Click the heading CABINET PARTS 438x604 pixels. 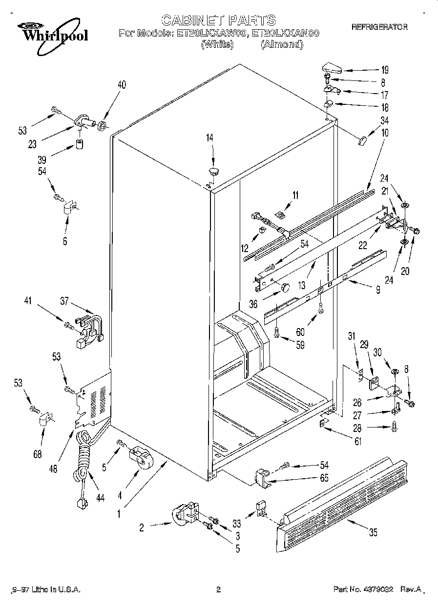point(218,20)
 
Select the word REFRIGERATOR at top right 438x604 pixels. point(379,27)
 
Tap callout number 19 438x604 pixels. point(384,69)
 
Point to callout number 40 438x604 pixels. point(122,84)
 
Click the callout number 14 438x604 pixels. point(209,138)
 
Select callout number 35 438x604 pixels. point(373,532)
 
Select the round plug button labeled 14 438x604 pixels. point(214,170)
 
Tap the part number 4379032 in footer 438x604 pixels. point(380,589)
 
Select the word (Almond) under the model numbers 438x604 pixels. point(282,44)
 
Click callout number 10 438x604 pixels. point(385,132)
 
